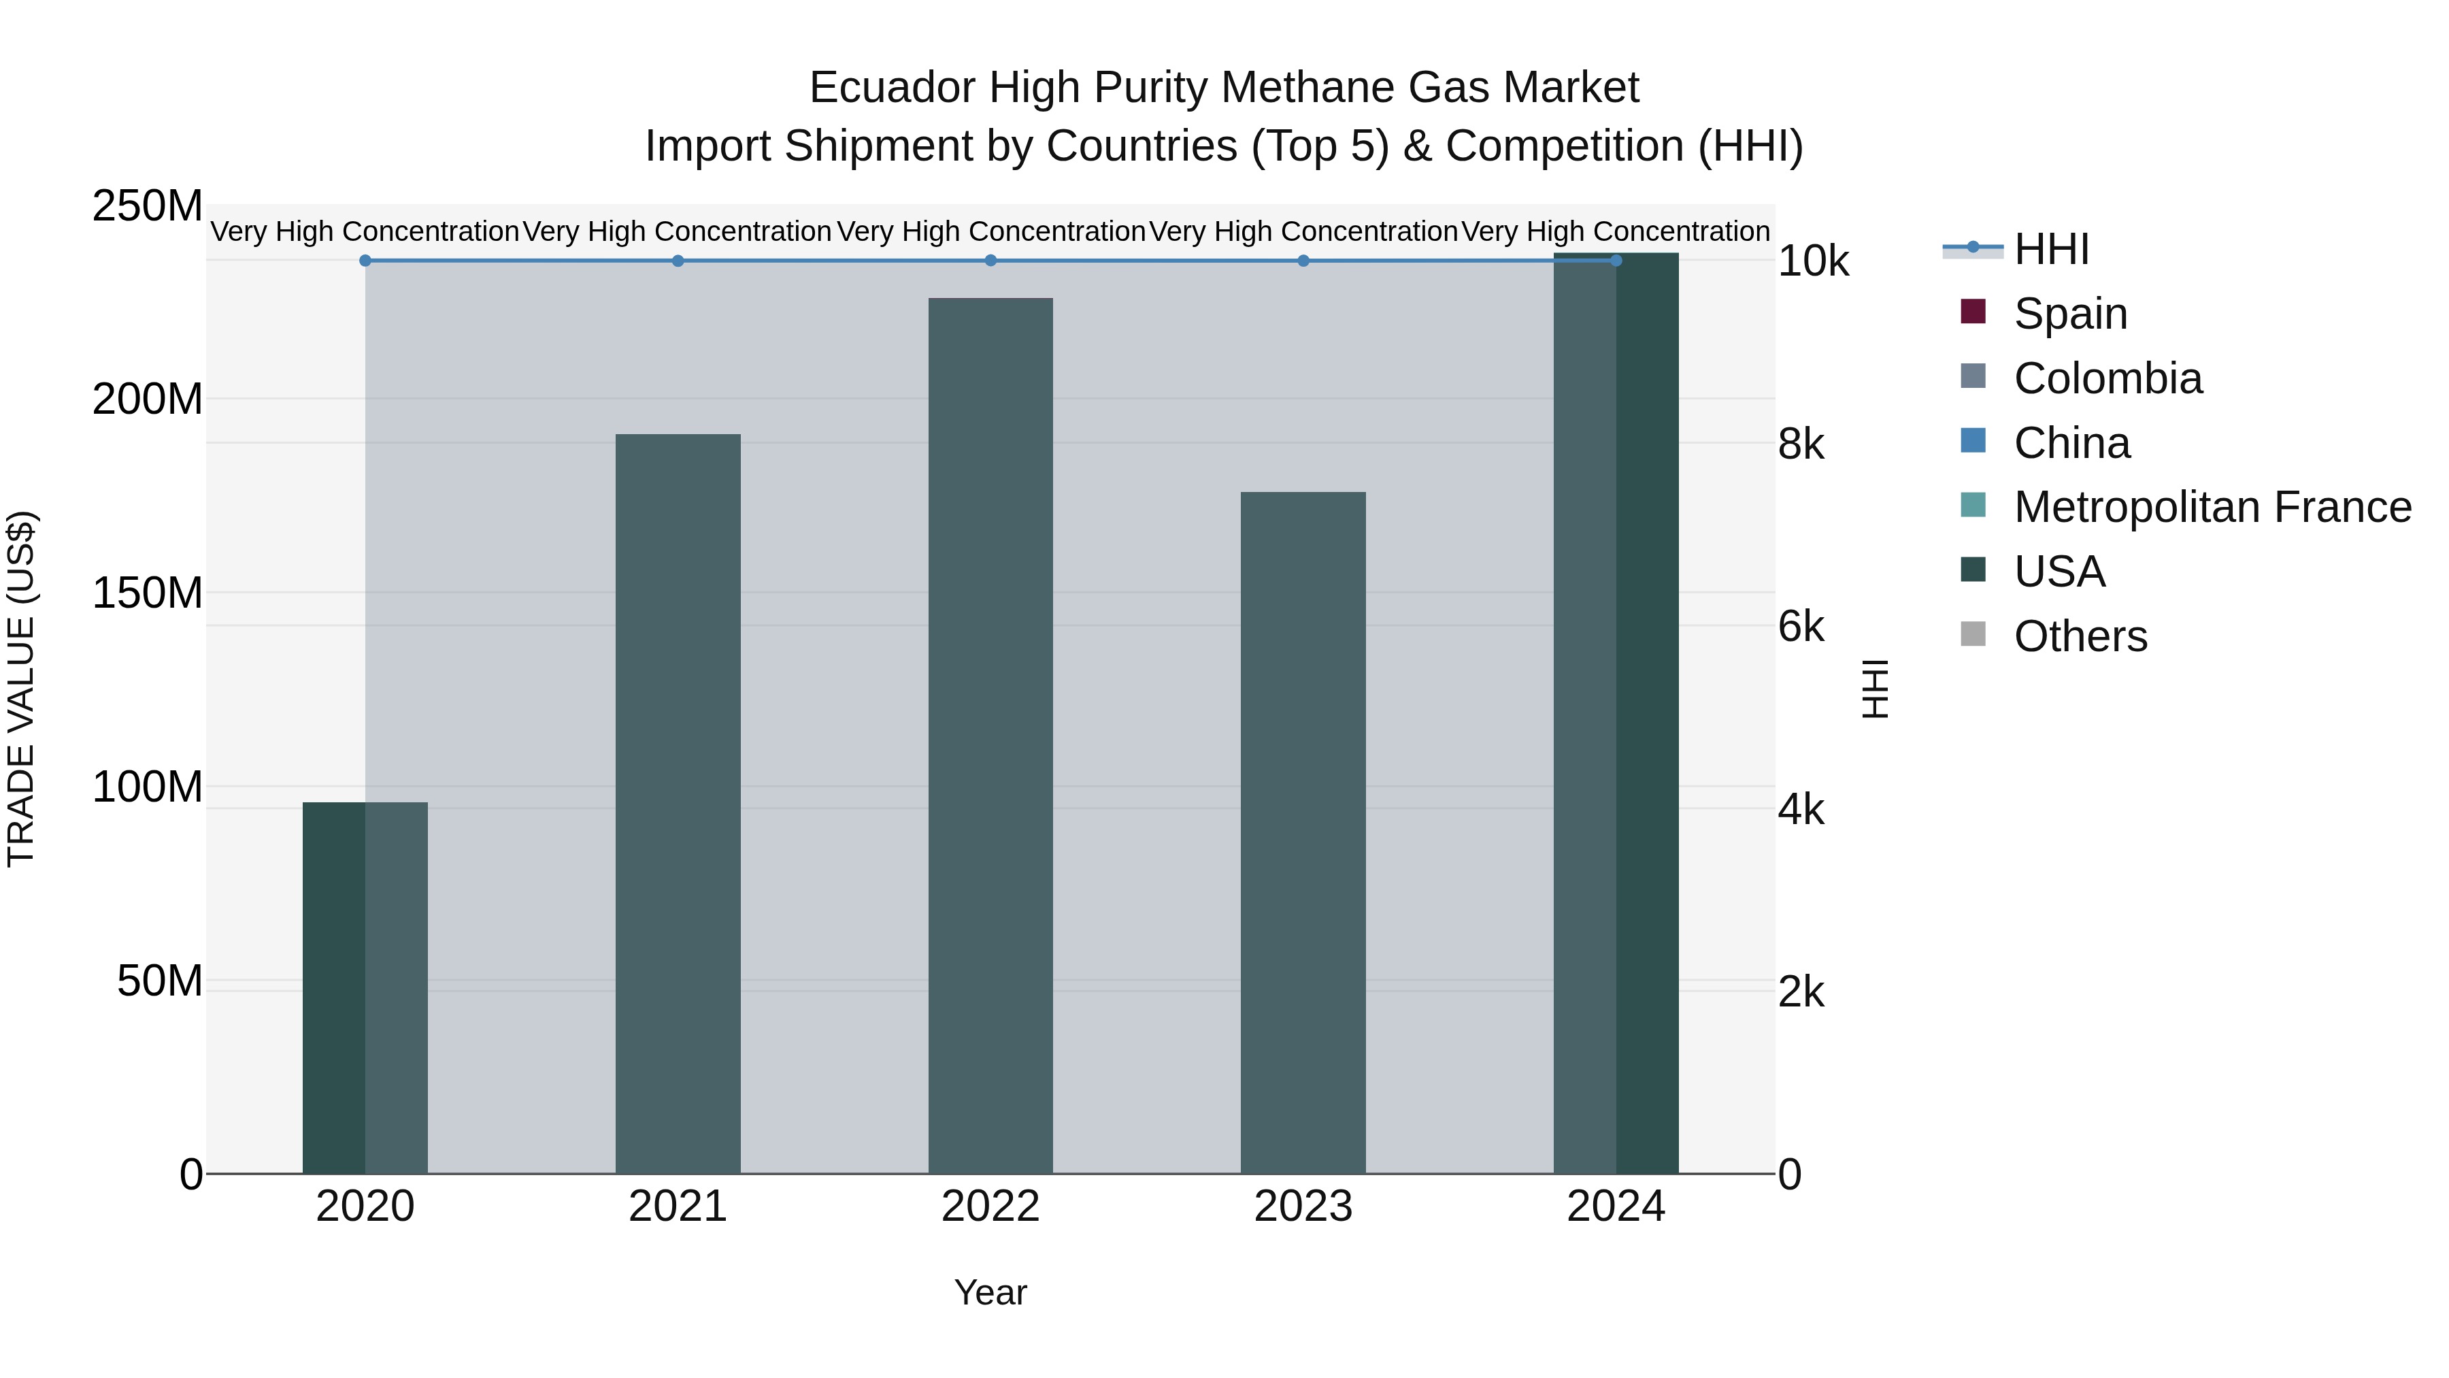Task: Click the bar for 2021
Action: pos(678,804)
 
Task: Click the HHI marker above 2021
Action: pos(678,261)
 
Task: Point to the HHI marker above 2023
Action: pos(1303,261)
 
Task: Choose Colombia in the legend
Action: pos(2107,378)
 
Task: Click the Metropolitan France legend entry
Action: pos(2212,507)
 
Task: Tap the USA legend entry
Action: pos(2059,572)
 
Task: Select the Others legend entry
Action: pos(2080,636)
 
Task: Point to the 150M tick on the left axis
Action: pos(148,593)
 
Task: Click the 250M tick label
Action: pos(148,206)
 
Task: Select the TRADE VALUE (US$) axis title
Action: pos(21,689)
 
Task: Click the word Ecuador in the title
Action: pos(893,88)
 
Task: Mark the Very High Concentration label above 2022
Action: pos(990,231)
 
